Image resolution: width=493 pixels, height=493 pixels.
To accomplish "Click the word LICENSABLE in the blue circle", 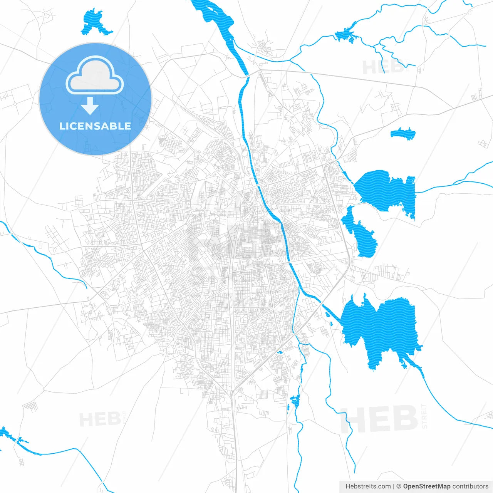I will [95, 126].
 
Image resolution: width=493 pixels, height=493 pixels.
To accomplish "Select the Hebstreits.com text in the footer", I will [368, 486].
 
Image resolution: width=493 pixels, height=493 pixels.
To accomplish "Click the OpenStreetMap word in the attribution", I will [426, 486].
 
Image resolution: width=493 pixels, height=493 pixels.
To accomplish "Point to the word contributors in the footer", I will [470, 486].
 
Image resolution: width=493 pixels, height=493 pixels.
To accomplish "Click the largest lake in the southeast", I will [381, 327].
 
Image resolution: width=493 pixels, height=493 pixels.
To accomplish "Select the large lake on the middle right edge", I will [387, 191].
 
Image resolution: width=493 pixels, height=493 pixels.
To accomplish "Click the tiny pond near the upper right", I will [403, 134].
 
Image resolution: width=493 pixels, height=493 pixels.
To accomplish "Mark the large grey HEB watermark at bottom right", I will [379, 419].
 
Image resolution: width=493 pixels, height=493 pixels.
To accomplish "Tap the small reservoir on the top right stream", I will [345, 35].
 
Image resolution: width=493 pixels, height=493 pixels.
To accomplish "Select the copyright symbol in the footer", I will [399, 486].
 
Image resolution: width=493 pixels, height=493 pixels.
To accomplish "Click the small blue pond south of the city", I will [295, 401].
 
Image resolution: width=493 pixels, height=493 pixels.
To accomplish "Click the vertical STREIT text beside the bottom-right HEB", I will [424, 416].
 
